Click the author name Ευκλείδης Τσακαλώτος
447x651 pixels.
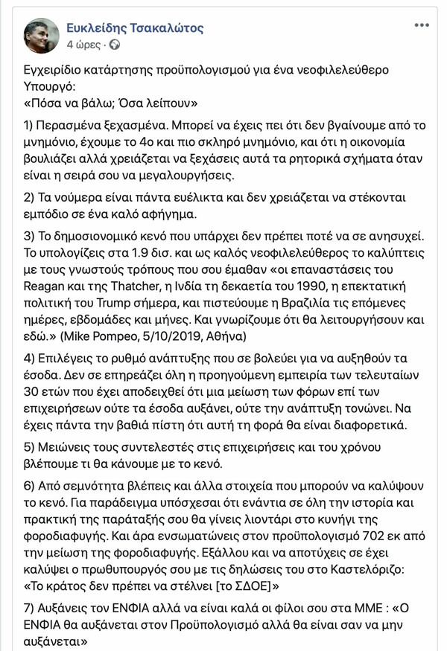(130, 28)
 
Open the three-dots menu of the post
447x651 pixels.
(421, 26)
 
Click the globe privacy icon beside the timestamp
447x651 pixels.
(115, 45)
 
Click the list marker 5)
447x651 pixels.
(31, 447)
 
